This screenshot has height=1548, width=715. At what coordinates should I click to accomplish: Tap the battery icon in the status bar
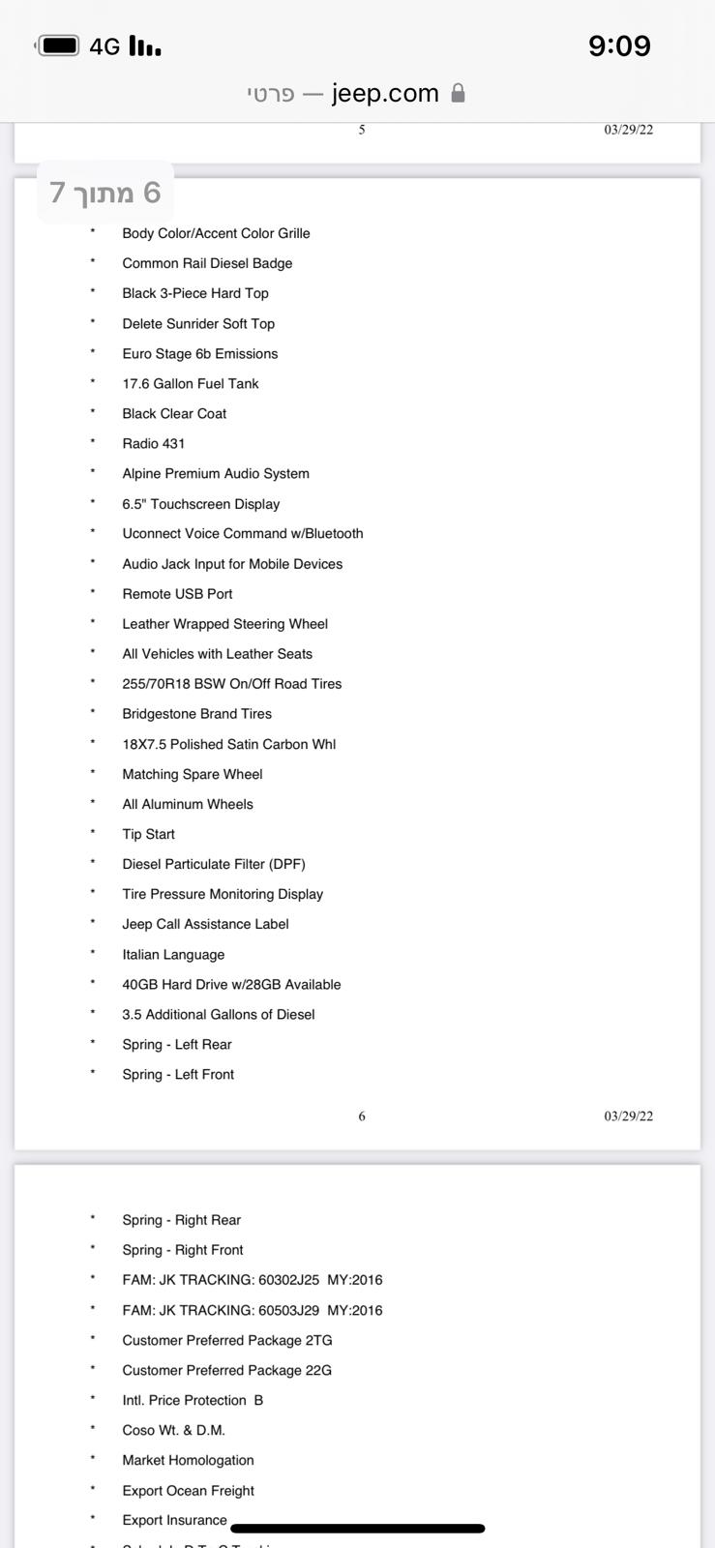click(58, 45)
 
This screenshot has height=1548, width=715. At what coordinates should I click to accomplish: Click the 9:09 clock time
click(619, 45)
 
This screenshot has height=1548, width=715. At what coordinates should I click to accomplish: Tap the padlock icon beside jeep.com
click(459, 93)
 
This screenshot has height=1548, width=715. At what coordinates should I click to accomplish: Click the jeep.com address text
click(385, 93)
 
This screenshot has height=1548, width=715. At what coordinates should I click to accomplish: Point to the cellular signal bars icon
click(145, 45)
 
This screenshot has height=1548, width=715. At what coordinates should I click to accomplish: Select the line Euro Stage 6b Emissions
click(199, 353)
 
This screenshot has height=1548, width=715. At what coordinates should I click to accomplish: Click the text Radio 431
click(153, 443)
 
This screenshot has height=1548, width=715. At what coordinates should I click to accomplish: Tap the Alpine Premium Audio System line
click(216, 473)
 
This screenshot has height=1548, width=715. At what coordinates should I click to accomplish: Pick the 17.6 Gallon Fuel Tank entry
click(190, 383)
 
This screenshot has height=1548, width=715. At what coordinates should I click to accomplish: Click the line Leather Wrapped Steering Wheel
click(224, 624)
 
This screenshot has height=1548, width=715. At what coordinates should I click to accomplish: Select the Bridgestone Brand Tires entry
click(196, 714)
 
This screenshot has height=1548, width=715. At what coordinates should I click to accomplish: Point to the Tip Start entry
click(148, 834)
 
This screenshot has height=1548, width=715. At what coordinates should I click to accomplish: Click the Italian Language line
click(173, 954)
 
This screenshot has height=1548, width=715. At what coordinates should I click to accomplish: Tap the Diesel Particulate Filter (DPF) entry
click(213, 864)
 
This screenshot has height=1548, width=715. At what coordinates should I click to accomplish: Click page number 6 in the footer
click(362, 1116)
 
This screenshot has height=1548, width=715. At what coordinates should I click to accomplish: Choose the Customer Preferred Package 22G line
click(226, 1370)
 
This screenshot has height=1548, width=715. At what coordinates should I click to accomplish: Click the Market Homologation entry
click(188, 1460)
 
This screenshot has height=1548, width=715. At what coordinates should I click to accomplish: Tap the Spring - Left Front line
click(178, 1074)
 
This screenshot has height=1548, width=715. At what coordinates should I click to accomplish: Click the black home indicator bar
click(358, 1529)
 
